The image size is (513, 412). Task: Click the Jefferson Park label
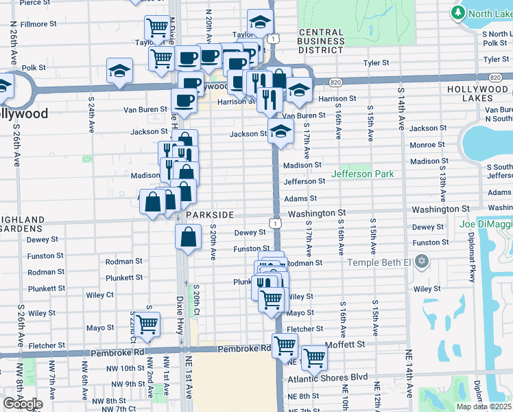[x=362, y=174]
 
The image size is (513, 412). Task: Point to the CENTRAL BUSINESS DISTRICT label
[x=322, y=41]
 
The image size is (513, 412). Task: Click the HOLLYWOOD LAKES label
[x=479, y=94]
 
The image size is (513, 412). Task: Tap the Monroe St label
[x=427, y=145]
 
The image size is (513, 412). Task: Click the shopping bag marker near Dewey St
[x=189, y=237]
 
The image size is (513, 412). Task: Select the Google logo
[x=23, y=404]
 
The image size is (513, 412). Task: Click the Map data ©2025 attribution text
[x=483, y=407]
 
